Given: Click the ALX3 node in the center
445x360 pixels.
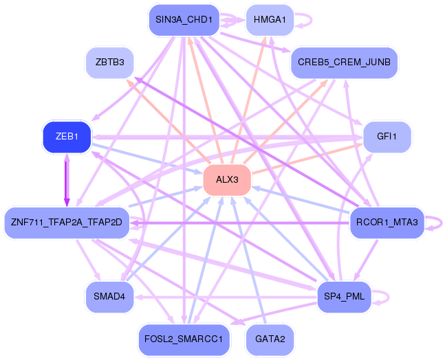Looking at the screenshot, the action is coord(227,180).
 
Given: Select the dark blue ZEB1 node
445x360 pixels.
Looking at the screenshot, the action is coord(67,137).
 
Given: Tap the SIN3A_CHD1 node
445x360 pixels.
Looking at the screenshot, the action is coord(184,20).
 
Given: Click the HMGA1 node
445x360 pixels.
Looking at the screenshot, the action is coord(270,20).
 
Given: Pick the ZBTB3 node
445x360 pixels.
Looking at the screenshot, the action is coord(109,63).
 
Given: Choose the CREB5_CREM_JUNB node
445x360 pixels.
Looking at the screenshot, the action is coord(344,63).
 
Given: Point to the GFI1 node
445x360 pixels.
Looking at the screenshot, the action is coord(387,137).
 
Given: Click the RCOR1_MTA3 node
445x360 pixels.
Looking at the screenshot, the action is coord(387,223).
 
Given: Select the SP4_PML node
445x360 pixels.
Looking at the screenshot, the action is coord(344,297).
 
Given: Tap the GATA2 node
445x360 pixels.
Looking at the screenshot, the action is coord(270,339).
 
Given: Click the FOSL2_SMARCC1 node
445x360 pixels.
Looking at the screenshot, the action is coord(184,339).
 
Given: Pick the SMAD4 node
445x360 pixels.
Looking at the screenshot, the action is coord(109,297).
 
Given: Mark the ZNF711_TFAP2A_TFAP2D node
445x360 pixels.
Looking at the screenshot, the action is coord(67,223).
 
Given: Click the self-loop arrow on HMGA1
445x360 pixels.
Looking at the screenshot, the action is coord(312,20).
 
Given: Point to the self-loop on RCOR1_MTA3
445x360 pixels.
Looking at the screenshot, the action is coord(442,223).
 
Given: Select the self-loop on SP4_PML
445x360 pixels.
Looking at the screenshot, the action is coord(389,297).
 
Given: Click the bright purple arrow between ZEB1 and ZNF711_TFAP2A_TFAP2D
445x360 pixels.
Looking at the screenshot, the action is coord(67,180).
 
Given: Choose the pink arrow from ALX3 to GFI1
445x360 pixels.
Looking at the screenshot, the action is coord(307,159).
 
